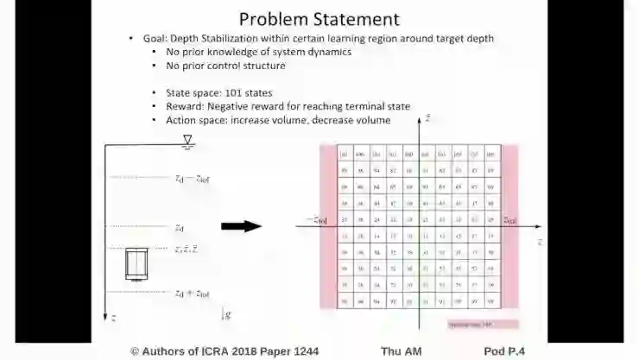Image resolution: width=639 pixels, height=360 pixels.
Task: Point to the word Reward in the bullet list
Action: [184, 106]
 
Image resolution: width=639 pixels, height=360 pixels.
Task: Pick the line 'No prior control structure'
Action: [225, 66]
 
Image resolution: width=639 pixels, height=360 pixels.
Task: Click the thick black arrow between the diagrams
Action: [241, 226]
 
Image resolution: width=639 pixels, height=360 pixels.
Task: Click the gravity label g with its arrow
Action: [226, 314]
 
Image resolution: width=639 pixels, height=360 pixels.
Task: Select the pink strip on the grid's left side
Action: [327, 226]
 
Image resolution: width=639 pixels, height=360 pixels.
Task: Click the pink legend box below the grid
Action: [483, 324]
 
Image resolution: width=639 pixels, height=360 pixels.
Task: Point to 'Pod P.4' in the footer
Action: [504, 351]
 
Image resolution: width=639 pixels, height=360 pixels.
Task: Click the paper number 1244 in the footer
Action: [302, 351]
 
